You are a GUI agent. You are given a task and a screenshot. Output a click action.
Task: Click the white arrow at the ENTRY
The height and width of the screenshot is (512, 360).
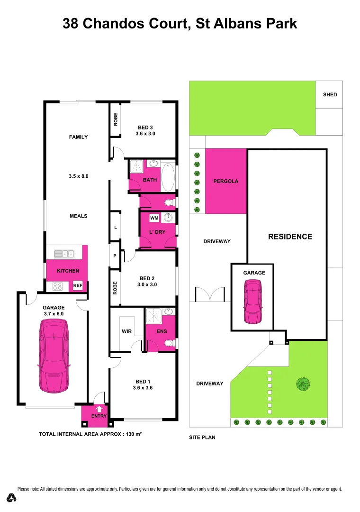(99, 409)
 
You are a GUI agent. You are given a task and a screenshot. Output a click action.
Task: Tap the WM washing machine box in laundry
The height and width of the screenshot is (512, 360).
(153, 218)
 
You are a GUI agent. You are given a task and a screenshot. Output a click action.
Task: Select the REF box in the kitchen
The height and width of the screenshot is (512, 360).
(77, 285)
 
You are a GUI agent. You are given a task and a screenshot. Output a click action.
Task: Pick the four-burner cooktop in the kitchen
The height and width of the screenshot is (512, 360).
(58, 286)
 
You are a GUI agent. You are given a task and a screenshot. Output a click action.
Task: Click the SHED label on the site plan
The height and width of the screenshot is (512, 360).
(330, 94)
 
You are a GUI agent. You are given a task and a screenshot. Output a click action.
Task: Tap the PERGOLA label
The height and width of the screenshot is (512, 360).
(225, 181)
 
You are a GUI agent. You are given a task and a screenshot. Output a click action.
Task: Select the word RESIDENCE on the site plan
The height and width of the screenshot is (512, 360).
(290, 237)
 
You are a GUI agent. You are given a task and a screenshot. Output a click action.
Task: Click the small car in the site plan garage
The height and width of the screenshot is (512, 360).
(252, 302)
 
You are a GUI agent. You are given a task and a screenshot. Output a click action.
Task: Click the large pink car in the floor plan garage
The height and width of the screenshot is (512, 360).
(54, 356)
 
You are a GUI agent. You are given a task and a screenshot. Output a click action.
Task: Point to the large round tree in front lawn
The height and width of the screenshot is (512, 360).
(303, 384)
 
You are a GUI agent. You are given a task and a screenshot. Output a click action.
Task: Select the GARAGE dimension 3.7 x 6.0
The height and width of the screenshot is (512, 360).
(54, 314)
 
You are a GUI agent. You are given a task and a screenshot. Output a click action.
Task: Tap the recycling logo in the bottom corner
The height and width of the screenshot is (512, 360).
(12, 498)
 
